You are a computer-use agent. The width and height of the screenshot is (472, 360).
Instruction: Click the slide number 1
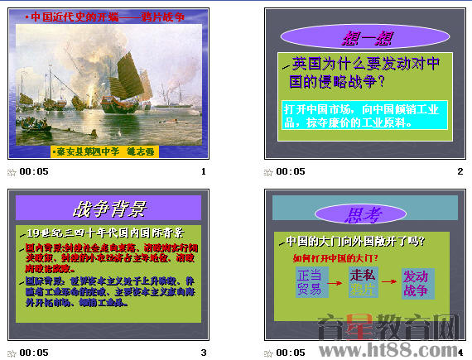click(x=203, y=171)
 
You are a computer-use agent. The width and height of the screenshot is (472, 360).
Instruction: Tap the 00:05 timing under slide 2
click(x=290, y=171)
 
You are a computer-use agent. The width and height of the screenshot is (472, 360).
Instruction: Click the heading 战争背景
click(x=108, y=208)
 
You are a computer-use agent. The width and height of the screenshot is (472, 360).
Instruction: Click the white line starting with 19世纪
click(x=104, y=232)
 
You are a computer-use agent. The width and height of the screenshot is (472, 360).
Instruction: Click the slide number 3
click(x=203, y=352)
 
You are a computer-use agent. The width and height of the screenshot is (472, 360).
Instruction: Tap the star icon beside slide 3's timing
click(x=12, y=353)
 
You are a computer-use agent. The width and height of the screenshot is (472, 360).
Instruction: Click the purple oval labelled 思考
click(x=365, y=215)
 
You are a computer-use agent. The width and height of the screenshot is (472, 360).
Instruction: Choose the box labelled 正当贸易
click(x=309, y=282)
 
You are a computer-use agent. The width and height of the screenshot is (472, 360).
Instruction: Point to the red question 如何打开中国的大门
click(x=335, y=257)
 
